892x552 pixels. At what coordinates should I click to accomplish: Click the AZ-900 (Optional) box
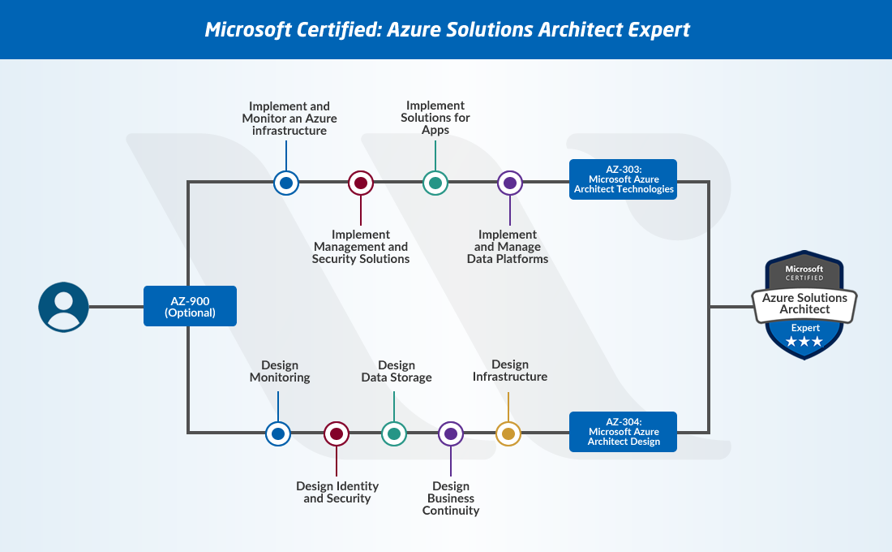[x=190, y=306]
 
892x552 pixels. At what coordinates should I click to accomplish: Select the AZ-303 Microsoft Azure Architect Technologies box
[x=623, y=179]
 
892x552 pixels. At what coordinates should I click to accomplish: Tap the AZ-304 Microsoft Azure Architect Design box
[x=623, y=432]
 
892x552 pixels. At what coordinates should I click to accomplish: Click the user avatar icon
[x=63, y=307]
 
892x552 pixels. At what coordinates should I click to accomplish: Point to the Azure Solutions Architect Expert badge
[x=804, y=305]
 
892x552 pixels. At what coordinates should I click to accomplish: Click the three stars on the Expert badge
[x=804, y=342]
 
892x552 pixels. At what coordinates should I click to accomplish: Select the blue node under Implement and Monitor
[x=285, y=183]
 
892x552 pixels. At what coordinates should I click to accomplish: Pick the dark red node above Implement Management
[x=361, y=183]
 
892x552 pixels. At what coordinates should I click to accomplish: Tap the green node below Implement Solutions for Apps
[x=435, y=183]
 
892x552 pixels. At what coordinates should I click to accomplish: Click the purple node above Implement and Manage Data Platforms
[x=510, y=183]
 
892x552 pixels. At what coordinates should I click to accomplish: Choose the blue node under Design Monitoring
[x=278, y=433]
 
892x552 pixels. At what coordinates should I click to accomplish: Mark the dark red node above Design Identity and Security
[x=337, y=433]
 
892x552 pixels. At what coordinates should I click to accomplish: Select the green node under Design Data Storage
[x=394, y=433]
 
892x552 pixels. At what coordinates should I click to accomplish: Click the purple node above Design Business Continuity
[x=451, y=433]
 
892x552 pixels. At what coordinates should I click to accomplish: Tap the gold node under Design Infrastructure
[x=508, y=433]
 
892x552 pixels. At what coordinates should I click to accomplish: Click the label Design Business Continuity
[x=451, y=498]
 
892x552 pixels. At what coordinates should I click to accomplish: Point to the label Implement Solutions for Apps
[x=435, y=118]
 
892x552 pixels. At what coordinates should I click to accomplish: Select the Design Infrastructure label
[x=510, y=371]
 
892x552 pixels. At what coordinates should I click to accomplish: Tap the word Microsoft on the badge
[x=804, y=269]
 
